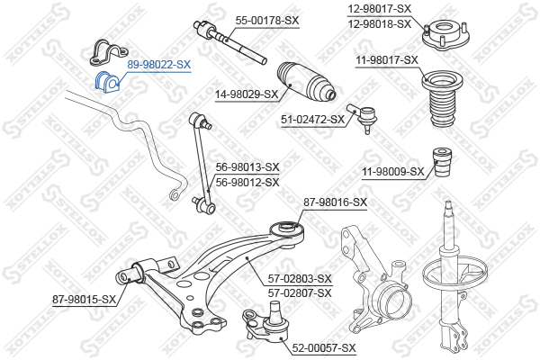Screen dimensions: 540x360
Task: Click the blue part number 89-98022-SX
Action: pos(158,65)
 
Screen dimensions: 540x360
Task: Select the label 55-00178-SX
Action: pos(267,21)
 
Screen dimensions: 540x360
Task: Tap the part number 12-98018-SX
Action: pos(380,24)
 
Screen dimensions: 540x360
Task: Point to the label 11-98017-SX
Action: pos(387,60)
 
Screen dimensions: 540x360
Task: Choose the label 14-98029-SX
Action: pos(247,94)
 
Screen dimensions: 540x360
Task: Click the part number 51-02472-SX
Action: pos(312,120)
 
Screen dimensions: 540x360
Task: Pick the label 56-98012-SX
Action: pos(247,182)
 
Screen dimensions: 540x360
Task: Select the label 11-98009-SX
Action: pos(393,171)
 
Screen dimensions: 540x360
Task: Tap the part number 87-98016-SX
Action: pos(335,202)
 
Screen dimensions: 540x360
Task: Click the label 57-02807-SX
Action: pos(300,293)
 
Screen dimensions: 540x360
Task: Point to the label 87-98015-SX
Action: pos(84,300)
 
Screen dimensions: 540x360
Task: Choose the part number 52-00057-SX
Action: pos(324,348)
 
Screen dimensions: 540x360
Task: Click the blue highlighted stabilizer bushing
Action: pos(107,82)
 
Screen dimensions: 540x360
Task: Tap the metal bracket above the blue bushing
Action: pos(108,52)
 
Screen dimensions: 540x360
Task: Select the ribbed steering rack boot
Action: pos(306,81)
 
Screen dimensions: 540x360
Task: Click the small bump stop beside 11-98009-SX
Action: pos(443,162)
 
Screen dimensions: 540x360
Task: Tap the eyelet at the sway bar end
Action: pos(175,194)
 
